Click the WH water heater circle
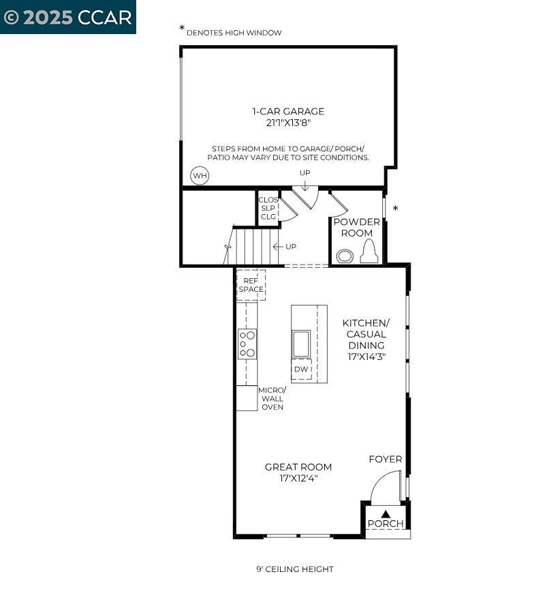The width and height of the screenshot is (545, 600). click(200, 176)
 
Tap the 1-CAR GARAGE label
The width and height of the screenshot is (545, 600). click(288, 111)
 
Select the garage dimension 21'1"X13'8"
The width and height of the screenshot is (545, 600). click(288, 123)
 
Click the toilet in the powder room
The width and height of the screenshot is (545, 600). click(369, 253)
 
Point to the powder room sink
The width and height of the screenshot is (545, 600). click(345, 256)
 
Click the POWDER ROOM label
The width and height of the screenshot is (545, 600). click(356, 227)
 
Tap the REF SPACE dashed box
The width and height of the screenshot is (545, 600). click(251, 284)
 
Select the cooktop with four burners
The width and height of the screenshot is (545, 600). click(247, 344)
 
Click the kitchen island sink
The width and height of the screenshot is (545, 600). click(301, 343)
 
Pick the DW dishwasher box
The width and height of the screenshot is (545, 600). click(301, 369)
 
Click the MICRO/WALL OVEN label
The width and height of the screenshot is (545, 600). click(272, 398)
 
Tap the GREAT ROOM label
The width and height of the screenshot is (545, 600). click(298, 467)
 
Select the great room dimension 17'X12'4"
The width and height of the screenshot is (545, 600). click(298, 479)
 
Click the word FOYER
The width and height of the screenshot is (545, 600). click(386, 459)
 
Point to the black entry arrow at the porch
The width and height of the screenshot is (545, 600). click(386, 514)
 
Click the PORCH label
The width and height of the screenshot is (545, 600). click(386, 524)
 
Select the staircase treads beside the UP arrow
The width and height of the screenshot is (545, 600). click(253, 246)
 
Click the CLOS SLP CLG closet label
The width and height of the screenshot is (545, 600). click(268, 208)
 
